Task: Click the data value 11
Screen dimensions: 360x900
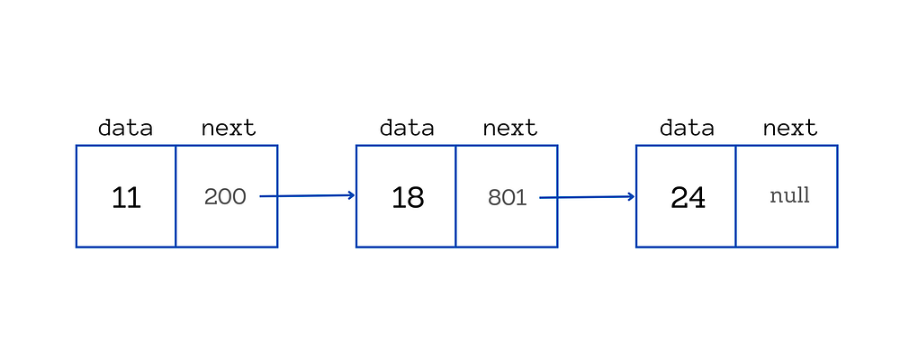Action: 126,197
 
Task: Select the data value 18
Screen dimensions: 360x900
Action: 407,197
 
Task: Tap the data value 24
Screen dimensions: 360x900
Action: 688,197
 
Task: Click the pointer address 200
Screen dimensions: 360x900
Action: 225,197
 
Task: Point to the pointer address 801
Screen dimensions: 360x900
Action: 507,197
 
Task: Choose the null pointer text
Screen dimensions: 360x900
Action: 789,195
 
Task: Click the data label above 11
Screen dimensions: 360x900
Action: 125,128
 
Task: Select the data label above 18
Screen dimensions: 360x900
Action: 407,128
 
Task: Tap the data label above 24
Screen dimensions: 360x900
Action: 687,128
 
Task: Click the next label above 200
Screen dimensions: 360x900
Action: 228,128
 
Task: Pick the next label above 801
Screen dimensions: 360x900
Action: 509,128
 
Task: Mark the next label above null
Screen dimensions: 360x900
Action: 789,128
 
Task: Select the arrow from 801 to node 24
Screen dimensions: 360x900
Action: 588,196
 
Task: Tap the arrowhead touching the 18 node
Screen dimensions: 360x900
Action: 352,194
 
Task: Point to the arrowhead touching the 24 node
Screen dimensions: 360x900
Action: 632,196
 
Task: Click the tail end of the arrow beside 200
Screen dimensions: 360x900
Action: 262,196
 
